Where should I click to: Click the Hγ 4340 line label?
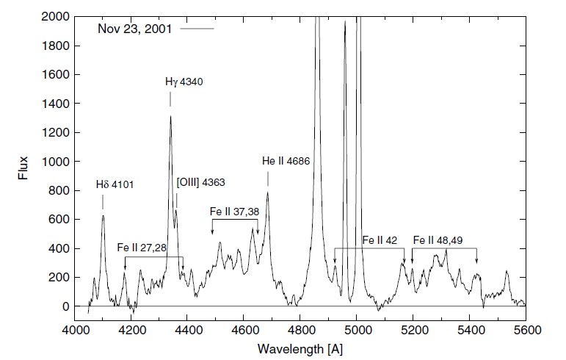tap(184, 82)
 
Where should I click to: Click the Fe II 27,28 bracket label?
tap(141, 248)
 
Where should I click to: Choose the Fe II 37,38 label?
tap(234, 212)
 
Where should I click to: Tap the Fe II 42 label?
tap(380, 240)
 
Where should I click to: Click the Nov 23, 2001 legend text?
tap(137, 29)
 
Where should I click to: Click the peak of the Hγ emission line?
tap(171, 115)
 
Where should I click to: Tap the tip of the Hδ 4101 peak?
tap(104, 215)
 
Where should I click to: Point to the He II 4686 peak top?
tap(268, 192)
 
